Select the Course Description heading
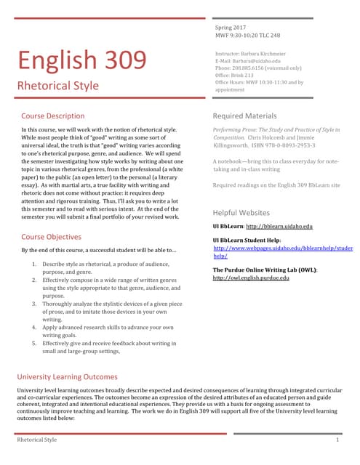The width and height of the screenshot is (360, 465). [x=52, y=116]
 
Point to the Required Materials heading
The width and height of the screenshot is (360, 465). [x=244, y=116]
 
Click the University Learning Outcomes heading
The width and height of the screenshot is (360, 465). [x=67, y=377]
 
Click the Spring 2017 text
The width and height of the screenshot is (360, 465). [x=231, y=26]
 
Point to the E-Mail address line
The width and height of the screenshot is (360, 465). [x=248, y=61]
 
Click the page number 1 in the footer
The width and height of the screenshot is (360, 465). [x=338, y=440]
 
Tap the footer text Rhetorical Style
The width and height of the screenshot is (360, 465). [x=36, y=440]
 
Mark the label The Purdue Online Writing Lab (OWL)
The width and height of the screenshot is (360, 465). [x=264, y=270]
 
